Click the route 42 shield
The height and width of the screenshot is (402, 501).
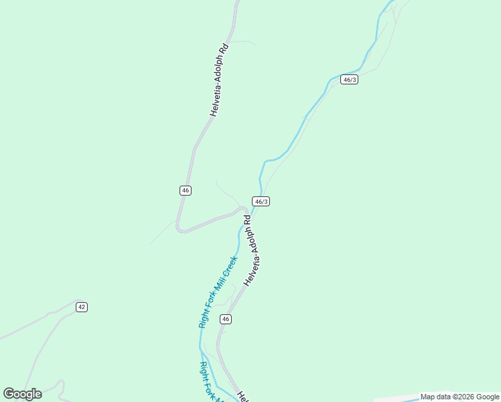82,307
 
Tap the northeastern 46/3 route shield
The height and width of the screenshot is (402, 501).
349,79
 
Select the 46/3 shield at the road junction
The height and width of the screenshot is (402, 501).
261,202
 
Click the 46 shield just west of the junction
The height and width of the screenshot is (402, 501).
186,191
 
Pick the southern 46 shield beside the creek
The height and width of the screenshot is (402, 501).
226,319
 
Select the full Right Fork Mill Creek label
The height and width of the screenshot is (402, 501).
218,291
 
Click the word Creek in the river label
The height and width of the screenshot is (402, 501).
231,265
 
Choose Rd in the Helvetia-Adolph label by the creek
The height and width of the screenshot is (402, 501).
247,219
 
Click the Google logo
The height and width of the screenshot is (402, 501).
22,394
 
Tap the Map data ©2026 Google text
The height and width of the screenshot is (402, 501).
459,397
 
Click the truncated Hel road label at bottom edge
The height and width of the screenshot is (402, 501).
243,397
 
